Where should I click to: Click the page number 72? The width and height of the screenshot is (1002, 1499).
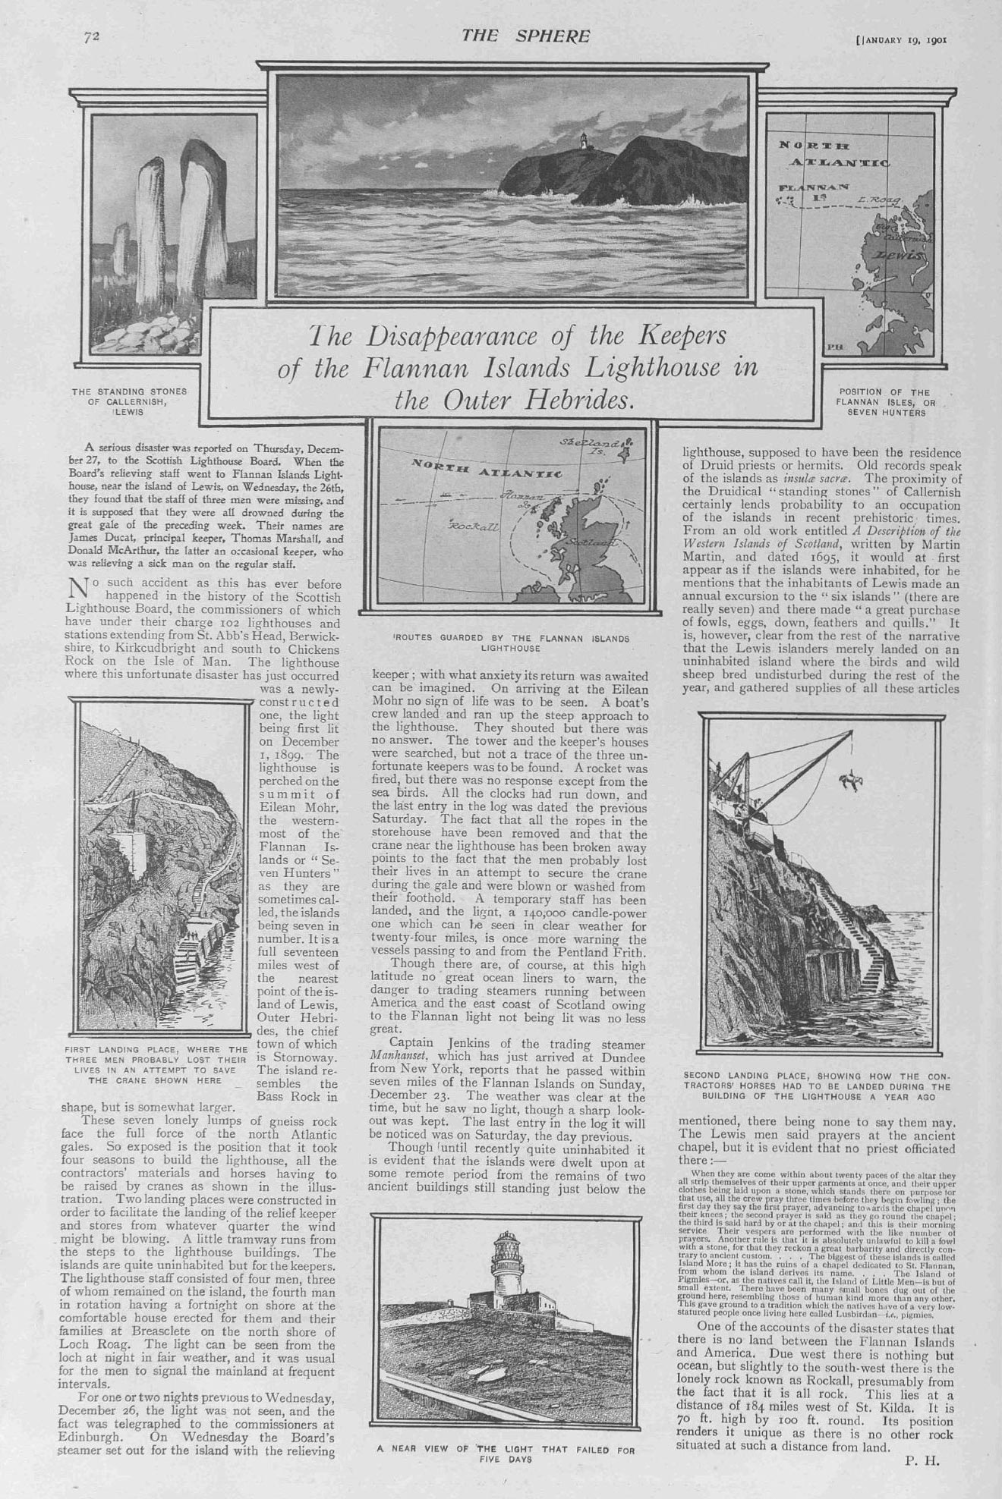[92, 36]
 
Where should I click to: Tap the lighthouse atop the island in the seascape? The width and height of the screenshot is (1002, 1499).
[584, 141]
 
